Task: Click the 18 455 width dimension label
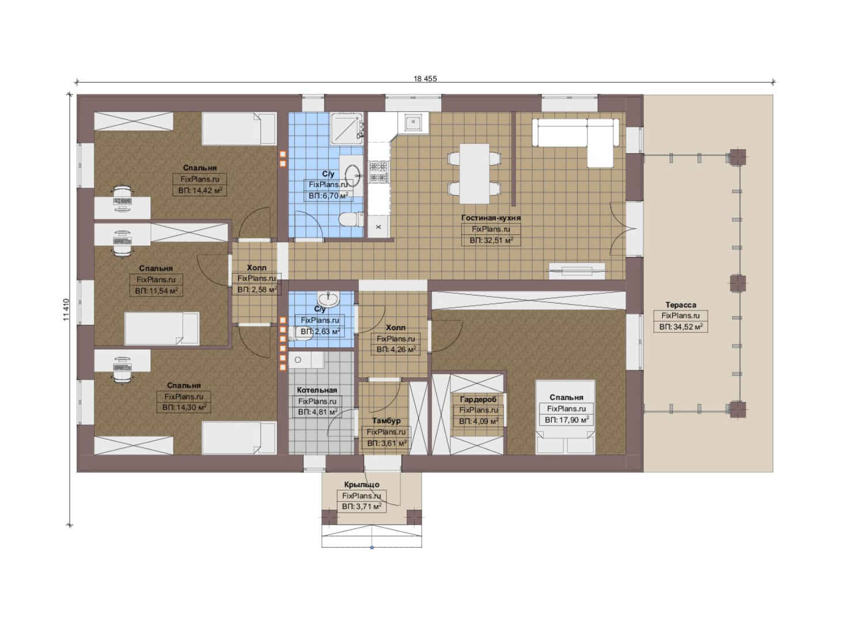point(425,79)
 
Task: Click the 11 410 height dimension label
point(67,310)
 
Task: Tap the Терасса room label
point(680,305)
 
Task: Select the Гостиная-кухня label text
point(491,218)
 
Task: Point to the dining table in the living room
point(474,173)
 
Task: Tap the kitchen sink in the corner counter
point(412,123)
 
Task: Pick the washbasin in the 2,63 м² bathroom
point(328,299)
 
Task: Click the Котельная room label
point(317,390)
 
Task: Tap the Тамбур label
point(386,421)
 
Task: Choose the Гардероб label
point(477,399)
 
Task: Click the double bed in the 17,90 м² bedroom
point(565,418)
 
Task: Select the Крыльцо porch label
point(362,484)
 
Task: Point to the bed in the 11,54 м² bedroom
point(162,329)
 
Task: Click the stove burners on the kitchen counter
point(379,171)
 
